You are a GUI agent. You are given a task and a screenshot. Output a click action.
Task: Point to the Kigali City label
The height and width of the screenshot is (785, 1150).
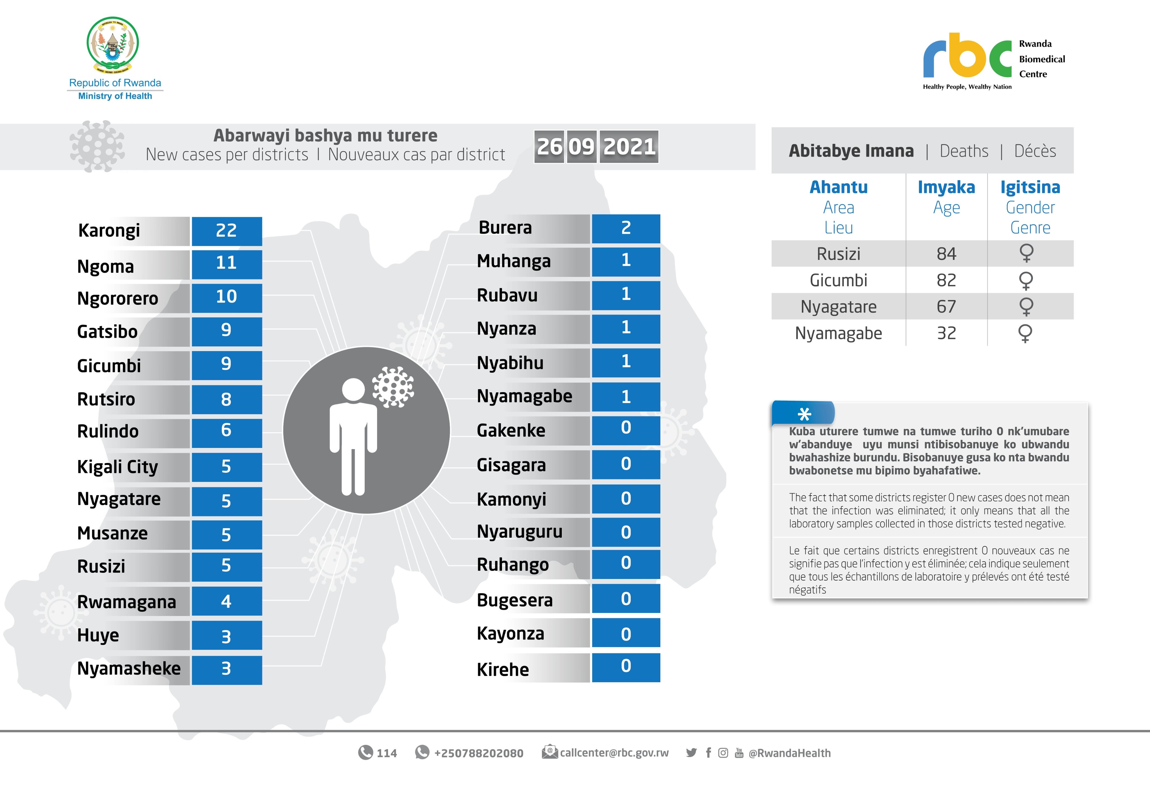click(x=117, y=466)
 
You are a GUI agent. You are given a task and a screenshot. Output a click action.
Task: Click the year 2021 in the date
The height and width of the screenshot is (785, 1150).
click(x=629, y=147)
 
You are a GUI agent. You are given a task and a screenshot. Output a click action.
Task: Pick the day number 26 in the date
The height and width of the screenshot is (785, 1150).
click(x=549, y=147)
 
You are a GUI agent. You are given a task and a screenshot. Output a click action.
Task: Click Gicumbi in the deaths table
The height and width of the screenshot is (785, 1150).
click(x=838, y=280)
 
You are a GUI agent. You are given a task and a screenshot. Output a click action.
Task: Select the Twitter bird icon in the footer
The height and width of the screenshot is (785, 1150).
click(x=691, y=753)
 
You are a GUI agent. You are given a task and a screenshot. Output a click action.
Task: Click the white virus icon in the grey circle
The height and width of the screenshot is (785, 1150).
click(x=393, y=387)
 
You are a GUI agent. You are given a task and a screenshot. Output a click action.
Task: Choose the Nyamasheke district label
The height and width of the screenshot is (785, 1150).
click(x=129, y=669)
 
